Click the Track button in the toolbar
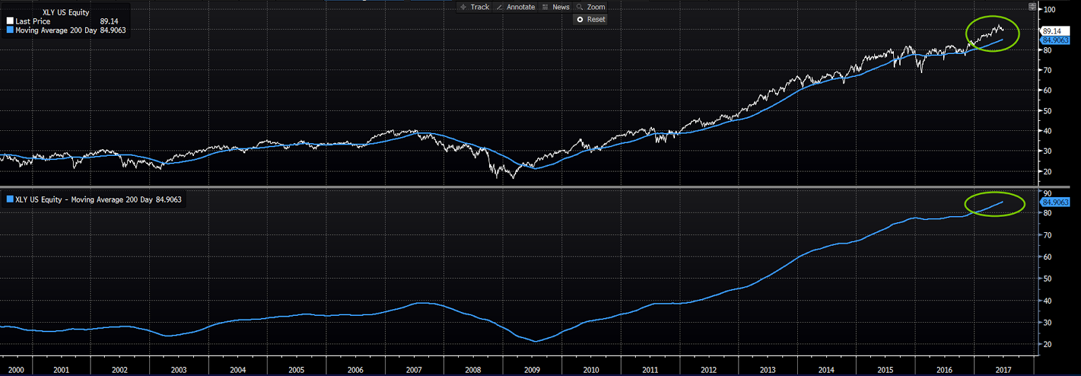tap(475, 7)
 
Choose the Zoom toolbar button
tap(591, 7)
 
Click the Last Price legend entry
tap(32, 22)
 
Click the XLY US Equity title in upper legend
tap(66, 12)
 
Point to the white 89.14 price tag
tap(1052, 31)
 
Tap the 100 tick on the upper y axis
tap(1049, 9)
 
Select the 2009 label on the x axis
tap(532, 370)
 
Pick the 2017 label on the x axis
tap(1003, 370)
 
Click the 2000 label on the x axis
tap(16, 370)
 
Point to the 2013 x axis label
tap(768, 370)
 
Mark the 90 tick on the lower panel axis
tap(1047, 194)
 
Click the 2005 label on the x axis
tap(296, 370)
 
